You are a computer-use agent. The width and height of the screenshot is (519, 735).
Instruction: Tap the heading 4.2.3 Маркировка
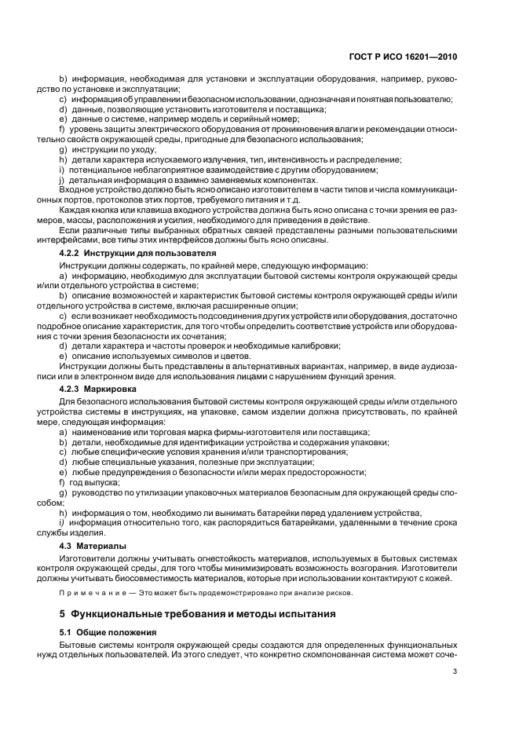(x=98, y=389)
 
